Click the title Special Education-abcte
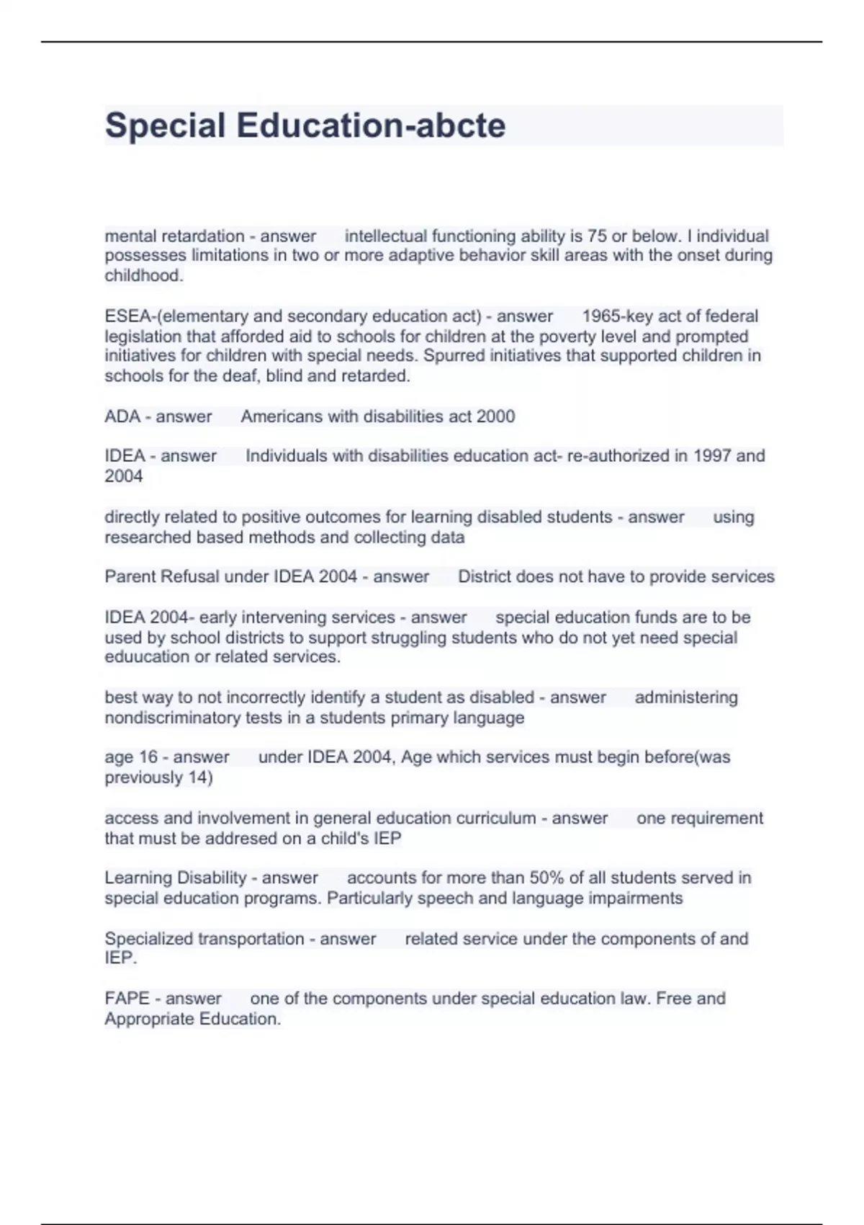(x=305, y=125)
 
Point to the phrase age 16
(x=131, y=757)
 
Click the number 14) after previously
(x=200, y=778)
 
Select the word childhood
(x=143, y=276)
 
